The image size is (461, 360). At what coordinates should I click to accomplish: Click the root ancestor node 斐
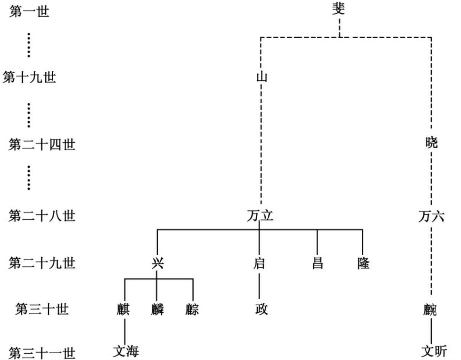(x=339, y=9)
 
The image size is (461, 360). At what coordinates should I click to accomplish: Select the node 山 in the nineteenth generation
(x=261, y=77)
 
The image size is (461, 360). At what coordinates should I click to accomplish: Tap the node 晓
(x=431, y=142)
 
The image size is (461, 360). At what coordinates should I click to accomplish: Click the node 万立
(x=260, y=216)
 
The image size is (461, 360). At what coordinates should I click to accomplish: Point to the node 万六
(x=431, y=216)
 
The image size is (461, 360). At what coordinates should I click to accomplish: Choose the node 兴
(x=157, y=263)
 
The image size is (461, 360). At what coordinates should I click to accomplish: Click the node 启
(x=259, y=263)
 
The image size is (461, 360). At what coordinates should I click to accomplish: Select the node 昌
(x=317, y=263)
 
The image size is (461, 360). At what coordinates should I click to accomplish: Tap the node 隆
(x=363, y=263)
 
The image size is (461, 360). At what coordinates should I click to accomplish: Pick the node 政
(x=261, y=309)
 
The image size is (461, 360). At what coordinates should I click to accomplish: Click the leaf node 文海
(x=126, y=351)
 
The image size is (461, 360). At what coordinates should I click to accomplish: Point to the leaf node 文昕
(x=434, y=351)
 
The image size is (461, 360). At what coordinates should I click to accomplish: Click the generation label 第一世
(x=29, y=12)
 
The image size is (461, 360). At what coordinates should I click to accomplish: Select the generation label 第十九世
(x=29, y=77)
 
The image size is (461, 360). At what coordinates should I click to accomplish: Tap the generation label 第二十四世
(x=42, y=144)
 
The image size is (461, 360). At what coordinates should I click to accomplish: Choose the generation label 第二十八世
(x=42, y=216)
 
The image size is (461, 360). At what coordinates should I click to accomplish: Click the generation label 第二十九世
(x=42, y=263)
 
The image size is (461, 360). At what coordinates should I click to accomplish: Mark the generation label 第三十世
(x=42, y=309)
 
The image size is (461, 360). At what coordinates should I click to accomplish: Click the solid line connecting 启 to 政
(x=259, y=286)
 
